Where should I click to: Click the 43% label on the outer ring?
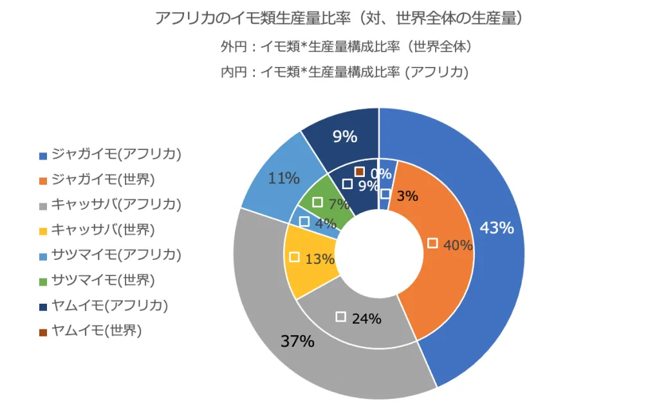click(x=497, y=227)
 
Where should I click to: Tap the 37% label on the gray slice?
click(x=297, y=341)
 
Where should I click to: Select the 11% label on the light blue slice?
click(x=284, y=178)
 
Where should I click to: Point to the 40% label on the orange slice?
click(x=458, y=245)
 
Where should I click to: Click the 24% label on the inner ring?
click(x=367, y=318)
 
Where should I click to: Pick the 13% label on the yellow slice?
click(x=320, y=259)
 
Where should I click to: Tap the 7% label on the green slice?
click(x=338, y=205)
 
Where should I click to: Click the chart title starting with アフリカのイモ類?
click(x=339, y=19)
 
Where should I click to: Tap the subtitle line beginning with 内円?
click(x=344, y=72)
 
